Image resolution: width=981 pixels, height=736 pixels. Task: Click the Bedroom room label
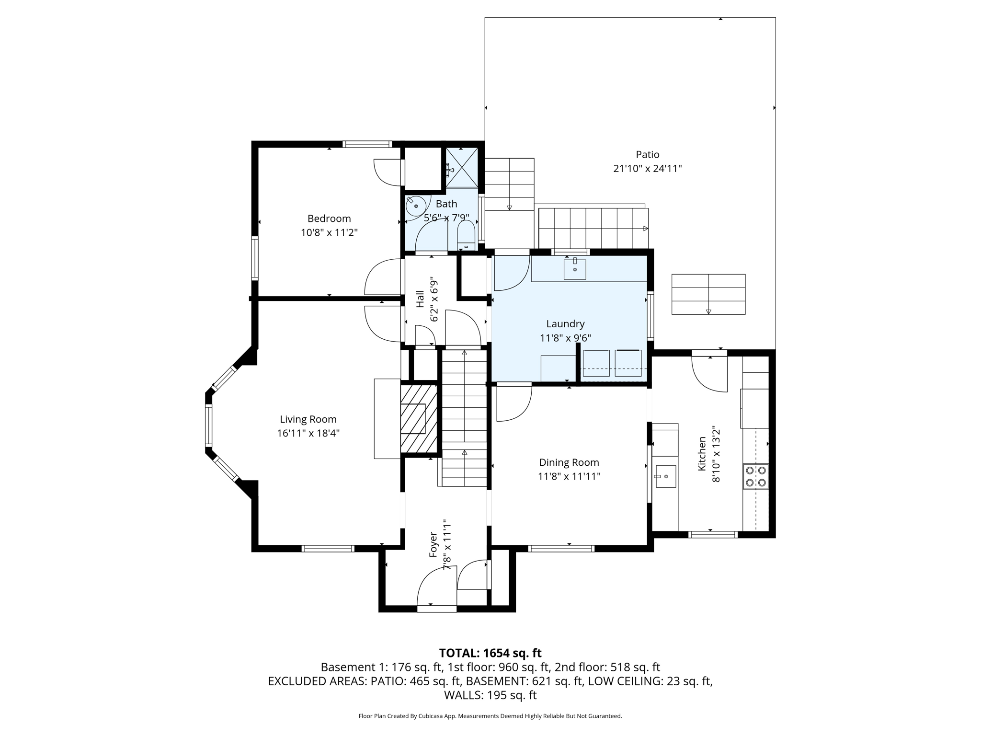click(x=329, y=218)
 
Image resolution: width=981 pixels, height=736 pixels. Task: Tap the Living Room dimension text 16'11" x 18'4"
click(x=308, y=434)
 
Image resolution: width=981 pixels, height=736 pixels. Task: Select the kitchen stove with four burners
click(x=755, y=476)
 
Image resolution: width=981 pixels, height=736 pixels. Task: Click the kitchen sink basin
click(x=665, y=476)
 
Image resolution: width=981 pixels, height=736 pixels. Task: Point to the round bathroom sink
click(x=415, y=206)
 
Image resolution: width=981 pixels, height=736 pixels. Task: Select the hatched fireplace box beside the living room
click(x=419, y=418)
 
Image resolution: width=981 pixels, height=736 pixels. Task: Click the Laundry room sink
click(x=575, y=269)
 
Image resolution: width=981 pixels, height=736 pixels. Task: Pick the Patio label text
click(x=647, y=154)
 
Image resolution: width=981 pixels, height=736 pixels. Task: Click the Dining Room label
click(x=569, y=462)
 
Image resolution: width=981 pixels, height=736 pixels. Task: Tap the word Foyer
click(x=433, y=544)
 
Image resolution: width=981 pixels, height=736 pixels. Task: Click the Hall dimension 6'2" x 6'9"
click(x=434, y=299)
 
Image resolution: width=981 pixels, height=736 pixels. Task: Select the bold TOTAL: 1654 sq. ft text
click(x=490, y=653)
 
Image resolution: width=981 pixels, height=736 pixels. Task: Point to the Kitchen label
click(x=702, y=453)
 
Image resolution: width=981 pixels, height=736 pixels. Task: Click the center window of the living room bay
click(x=208, y=425)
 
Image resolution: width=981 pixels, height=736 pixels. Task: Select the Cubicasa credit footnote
click(x=490, y=716)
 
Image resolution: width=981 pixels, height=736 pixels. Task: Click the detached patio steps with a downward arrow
click(x=708, y=294)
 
